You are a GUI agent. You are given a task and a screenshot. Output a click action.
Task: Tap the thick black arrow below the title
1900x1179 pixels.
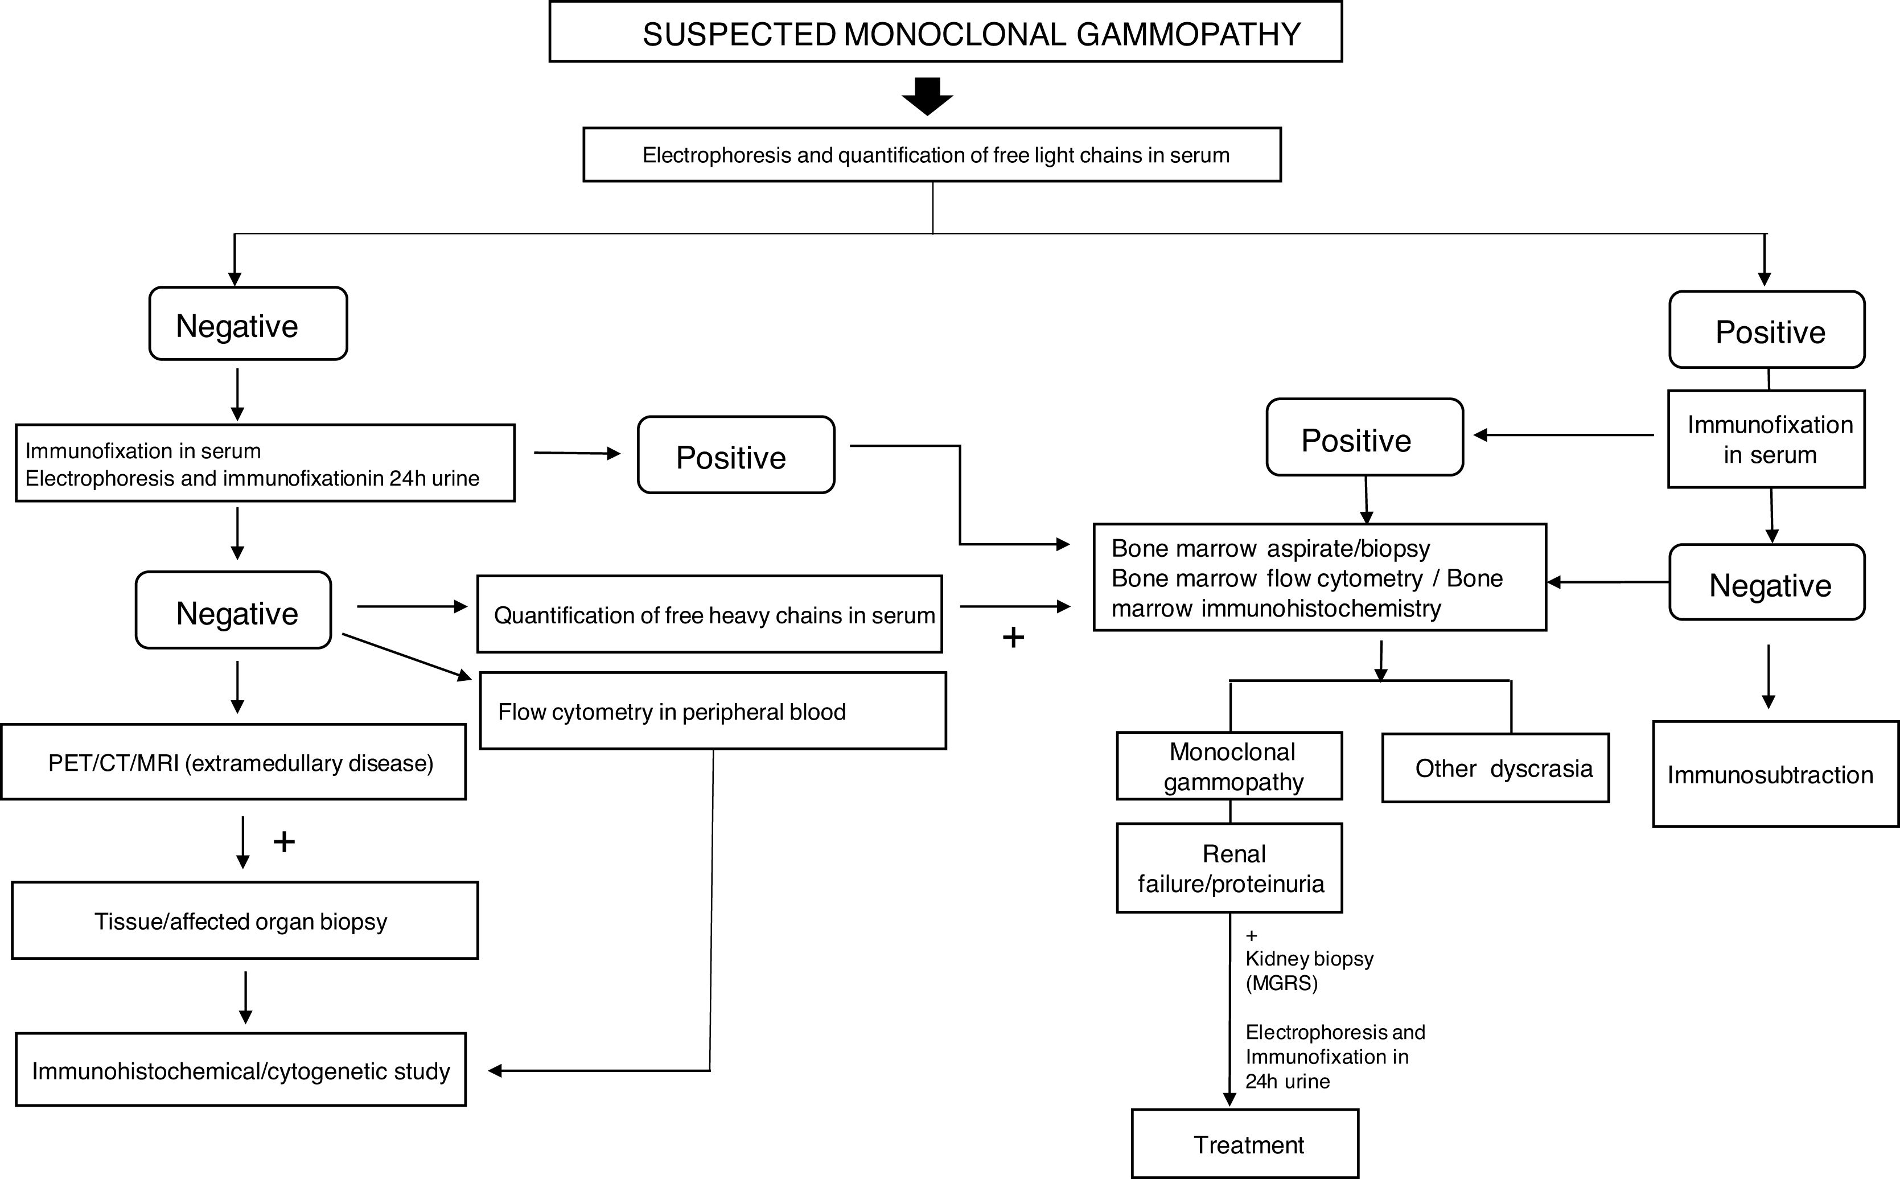tap(927, 96)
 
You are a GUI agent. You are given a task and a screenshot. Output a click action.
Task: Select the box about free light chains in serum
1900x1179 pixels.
tap(932, 155)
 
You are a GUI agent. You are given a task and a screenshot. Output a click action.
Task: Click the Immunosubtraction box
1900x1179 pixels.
tap(1775, 774)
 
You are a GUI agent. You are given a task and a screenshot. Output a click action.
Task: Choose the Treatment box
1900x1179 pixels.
tap(1244, 1144)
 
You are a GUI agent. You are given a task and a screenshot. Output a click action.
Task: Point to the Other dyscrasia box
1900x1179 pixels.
tap(1495, 768)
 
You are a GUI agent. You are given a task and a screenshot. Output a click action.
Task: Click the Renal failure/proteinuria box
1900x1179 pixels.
tap(1229, 868)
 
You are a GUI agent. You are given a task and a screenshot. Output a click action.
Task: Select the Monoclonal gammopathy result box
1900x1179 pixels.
tap(1229, 766)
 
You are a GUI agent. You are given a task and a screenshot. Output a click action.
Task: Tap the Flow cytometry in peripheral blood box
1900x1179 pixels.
tap(713, 711)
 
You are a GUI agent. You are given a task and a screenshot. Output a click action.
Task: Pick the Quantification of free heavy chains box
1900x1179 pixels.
tap(709, 614)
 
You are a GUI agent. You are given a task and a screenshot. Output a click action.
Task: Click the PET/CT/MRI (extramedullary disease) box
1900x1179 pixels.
tap(234, 762)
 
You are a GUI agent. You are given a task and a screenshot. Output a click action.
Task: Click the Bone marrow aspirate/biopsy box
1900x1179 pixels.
tap(1319, 577)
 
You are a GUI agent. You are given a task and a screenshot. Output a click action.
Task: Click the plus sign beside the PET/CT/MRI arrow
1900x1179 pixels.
tap(284, 841)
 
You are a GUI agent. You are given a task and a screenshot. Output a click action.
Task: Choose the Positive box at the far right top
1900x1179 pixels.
tap(1767, 330)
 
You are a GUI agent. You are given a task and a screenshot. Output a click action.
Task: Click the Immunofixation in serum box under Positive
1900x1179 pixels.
tap(1767, 439)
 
